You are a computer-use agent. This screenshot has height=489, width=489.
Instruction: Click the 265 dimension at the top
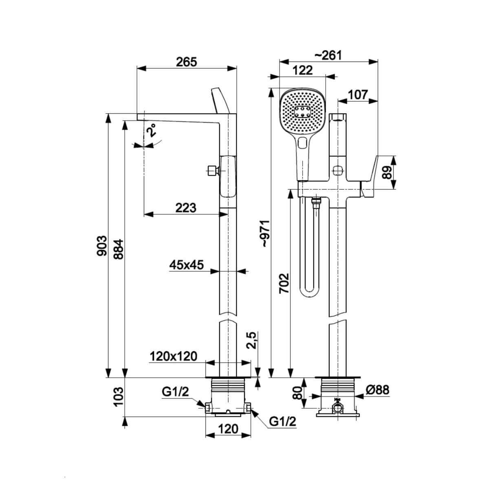point(186,62)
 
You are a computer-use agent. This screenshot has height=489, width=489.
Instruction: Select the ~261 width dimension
point(328,55)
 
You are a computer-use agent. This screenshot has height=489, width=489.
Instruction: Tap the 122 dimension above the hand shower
point(303,70)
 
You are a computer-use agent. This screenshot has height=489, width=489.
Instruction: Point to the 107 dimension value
point(357,95)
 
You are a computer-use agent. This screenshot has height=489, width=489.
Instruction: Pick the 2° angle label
point(152,130)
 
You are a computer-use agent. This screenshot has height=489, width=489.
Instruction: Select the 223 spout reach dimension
point(185,208)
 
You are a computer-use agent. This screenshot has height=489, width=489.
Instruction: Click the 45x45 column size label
point(186,265)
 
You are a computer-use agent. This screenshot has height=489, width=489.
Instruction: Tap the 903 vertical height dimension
point(102,246)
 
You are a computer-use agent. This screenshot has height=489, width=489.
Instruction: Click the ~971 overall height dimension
point(265,233)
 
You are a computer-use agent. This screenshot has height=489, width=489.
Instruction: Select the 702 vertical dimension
point(284,283)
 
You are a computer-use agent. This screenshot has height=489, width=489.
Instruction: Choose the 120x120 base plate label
point(173,357)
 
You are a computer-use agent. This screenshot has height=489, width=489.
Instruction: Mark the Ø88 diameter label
point(377,390)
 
